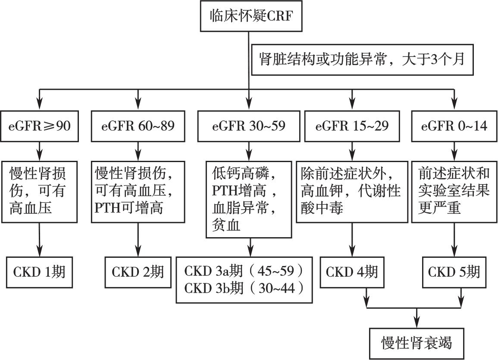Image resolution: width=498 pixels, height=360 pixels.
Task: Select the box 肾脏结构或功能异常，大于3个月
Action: (x=362, y=59)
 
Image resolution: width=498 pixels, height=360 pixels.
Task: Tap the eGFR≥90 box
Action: (x=39, y=126)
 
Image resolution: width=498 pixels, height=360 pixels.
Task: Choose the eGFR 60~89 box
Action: (x=138, y=126)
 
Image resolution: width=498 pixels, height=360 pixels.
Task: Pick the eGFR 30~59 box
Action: (x=249, y=126)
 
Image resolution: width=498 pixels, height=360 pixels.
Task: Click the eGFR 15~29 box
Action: (x=352, y=126)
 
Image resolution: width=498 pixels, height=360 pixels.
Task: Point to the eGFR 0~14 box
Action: (x=454, y=126)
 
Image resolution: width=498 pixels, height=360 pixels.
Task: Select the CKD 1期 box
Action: (x=39, y=272)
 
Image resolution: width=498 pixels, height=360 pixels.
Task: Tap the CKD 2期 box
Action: (x=138, y=272)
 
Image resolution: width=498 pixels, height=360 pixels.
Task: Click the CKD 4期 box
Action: (x=352, y=272)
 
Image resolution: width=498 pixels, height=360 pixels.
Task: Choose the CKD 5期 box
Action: (x=454, y=272)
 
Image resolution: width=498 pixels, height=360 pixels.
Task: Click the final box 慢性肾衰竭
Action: (x=417, y=343)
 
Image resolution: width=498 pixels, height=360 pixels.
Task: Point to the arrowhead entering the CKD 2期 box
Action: (x=138, y=252)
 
